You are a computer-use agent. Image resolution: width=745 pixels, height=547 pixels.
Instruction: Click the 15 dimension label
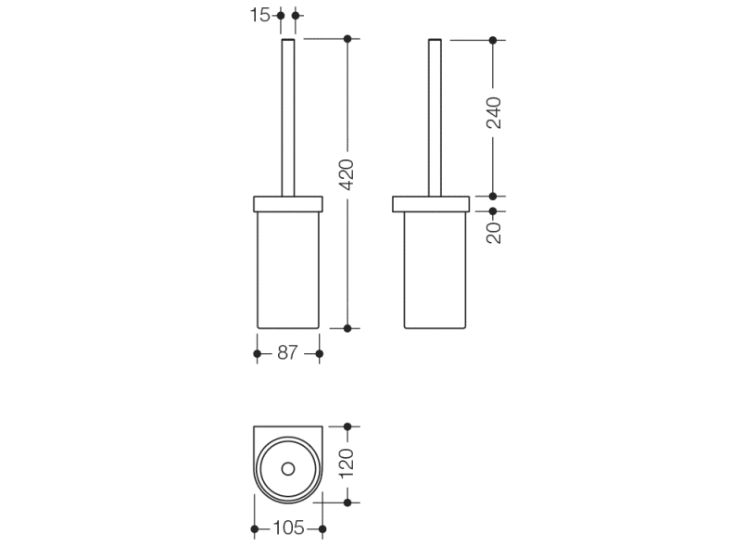point(259,15)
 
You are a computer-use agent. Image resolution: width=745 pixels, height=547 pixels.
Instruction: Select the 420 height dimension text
point(347,175)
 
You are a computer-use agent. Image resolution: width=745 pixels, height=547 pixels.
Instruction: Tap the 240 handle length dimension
point(494,112)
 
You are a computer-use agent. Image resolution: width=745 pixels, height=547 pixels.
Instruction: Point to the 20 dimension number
point(494,233)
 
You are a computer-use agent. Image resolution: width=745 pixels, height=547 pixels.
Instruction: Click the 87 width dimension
point(287,353)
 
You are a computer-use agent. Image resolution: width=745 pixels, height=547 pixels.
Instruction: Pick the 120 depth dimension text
point(347,464)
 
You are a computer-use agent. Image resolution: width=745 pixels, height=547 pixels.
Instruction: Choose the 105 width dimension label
point(288,528)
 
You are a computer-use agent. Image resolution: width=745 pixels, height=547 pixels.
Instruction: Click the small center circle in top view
point(288,469)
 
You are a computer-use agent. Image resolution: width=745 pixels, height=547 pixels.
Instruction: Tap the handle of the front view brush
point(288,118)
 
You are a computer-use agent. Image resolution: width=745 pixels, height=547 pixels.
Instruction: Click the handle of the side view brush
point(435,118)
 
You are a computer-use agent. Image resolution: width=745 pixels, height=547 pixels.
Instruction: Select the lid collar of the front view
point(288,204)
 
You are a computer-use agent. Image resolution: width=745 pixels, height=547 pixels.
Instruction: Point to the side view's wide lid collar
point(431,204)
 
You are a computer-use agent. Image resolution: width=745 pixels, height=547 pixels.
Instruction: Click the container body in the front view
point(288,270)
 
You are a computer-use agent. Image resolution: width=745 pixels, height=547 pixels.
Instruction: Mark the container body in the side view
point(435,270)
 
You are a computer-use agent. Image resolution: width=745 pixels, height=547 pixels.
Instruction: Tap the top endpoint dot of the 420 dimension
point(347,39)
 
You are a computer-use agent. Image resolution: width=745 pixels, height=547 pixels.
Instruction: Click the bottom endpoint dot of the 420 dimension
point(347,328)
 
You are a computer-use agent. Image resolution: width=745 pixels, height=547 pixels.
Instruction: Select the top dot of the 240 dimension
point(493,41)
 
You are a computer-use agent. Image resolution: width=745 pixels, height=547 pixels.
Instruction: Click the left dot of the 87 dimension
point(257,353)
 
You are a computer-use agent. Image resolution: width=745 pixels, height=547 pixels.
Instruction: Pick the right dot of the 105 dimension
point(322,529)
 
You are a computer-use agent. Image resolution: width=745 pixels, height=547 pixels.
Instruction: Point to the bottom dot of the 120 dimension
point(347,502)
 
